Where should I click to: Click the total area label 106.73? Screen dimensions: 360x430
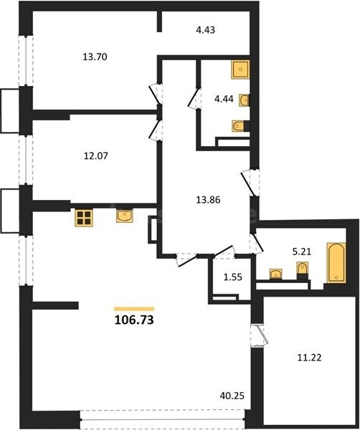pos(134,320)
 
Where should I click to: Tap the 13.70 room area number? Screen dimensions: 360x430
pos(95,57)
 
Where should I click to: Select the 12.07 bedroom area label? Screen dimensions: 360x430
pos(95,156)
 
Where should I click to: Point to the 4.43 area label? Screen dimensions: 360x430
pos(205,29)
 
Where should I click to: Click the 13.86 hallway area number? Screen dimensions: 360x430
pos(208,200)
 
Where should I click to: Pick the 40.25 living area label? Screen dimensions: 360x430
pos(232,396)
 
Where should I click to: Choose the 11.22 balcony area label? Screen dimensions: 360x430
pos(309,358)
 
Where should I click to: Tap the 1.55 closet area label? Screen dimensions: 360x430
pos(233,277)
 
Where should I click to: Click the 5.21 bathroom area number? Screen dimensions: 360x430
pos(302,252)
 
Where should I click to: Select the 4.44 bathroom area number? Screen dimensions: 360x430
pos(224,99)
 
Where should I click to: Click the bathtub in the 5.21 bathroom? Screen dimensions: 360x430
pos(336,262)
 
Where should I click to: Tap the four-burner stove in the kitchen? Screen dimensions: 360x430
pos(84,218)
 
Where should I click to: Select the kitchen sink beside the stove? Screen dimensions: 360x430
pos(125,216)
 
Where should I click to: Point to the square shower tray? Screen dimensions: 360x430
pos(240,70)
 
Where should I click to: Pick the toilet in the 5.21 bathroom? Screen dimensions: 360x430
pos(303,270)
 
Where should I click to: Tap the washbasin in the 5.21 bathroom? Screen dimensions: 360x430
pos(276,274)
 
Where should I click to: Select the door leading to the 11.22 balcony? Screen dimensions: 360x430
pos(260,335)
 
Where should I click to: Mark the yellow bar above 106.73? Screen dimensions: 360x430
pos(134,309)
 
